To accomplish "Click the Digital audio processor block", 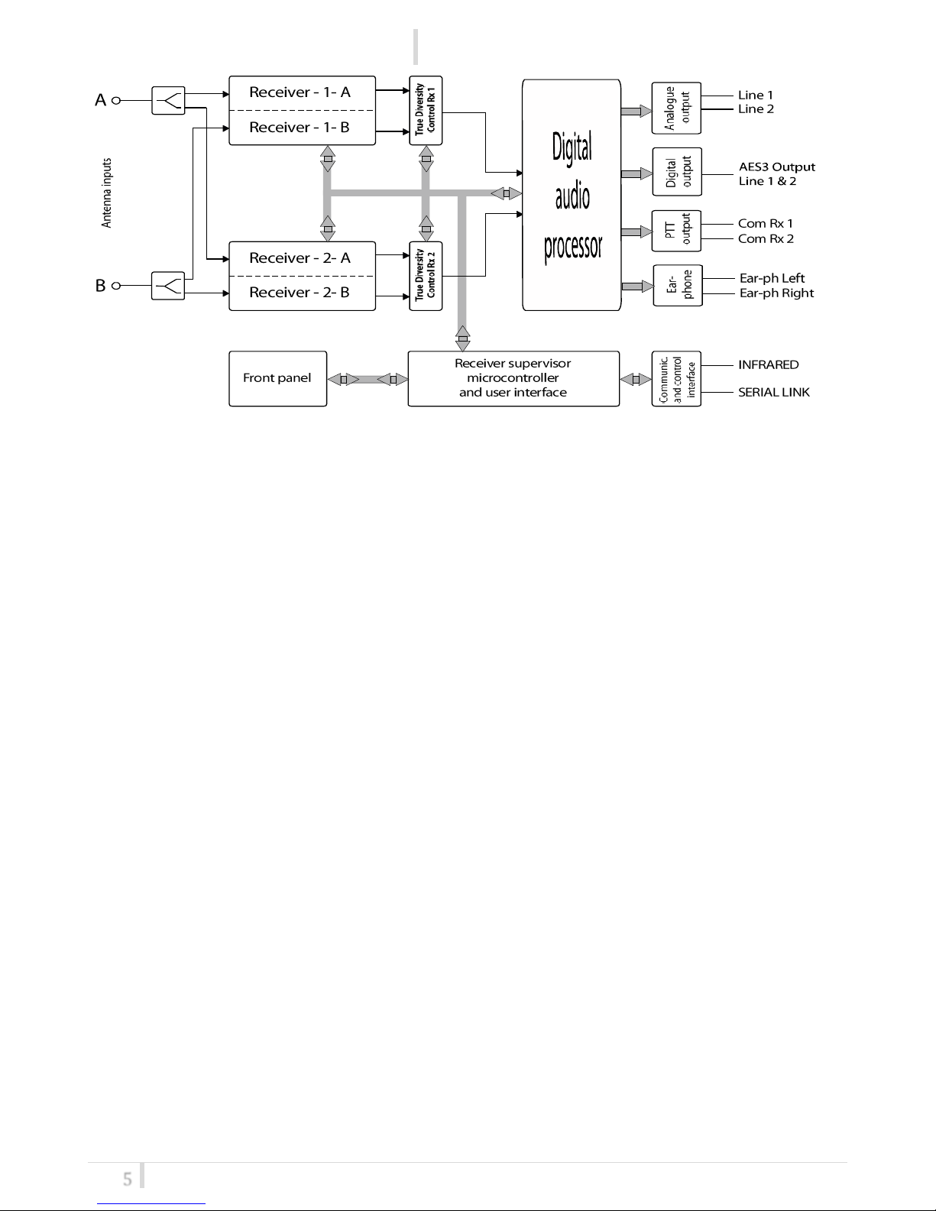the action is pyautogui.click(x=572, y=195).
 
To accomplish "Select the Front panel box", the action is pyautogui.click(x=277, y=378).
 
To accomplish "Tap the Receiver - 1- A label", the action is pyautogui.click(x=300, y=92).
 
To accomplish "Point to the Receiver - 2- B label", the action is pyautogui.click(x=300, y=292).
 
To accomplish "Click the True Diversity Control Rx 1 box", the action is pyautogui.click(x=426, y=110).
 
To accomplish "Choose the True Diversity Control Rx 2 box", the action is pyautogui.click(x=426, y=276).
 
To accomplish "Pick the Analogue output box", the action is pyautogui.click(x=676, y=108).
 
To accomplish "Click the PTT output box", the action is pyautogui.click(x=676, y=231).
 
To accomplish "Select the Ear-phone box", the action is pyautogui.click(x=678, y=285).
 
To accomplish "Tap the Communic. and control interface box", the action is pyautogui.click(x=676, y=379).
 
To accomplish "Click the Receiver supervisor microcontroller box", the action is pyautogui.click(x=513, y=378).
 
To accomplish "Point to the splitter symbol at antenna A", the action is pyautogui.click(x=168, y=100).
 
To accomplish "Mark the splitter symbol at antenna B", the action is pyautogui.click(x=168, y=286).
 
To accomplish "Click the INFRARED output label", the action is pyautogui.click(x=769, y=365).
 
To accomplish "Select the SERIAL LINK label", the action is pyautogui.click(x=774, y=393).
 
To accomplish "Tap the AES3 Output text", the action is pyautogui.click(x=776, y=167).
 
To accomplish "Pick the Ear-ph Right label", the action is pyautogui.click(x=776, y=293).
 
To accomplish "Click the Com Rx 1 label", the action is pyautogui.click(x=766, y=223).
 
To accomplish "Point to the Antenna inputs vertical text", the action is pyautogui.click(x=106, y=193).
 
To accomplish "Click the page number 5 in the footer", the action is pyautogui.click(x=128, y=1179).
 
